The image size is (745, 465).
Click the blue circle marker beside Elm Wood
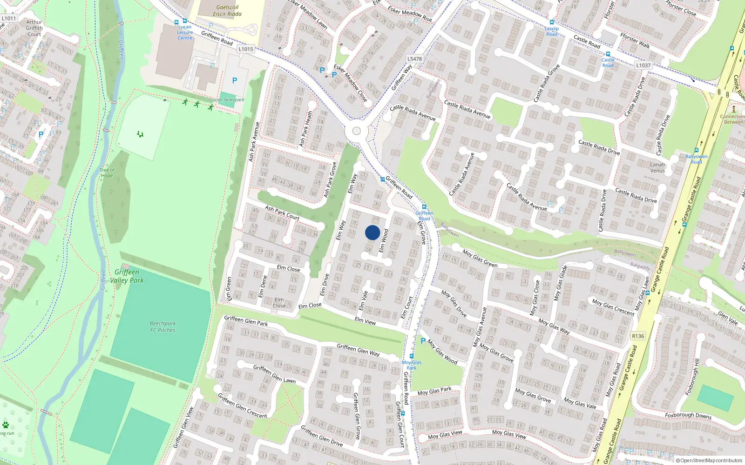pyautogui.click(x=372, y=232)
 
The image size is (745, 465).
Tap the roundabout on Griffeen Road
pyautogui.click(x=357, y=131)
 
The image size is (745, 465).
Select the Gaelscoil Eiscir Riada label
pyautogui.click(x=227, y=11)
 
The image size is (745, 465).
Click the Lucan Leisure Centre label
pyautogui.click(x=185, y=32)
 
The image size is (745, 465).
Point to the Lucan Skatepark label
pyautogui.click(x=227, y=100)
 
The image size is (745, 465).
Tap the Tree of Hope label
pyautogui.click(x=107, y=173)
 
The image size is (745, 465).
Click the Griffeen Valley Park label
pyautogui.click(x=127, y=276)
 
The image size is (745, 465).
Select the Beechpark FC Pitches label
pyautogui.click(x=163, y=327)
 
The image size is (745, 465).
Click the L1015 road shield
pyautogui.click(x=245, y=49)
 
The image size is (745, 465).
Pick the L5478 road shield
pyautogui.click(x=414, y=59)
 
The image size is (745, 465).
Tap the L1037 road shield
pyautogui.click(x=643, y=65)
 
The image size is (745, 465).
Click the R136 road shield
pyautogui.click(x=638, y=336)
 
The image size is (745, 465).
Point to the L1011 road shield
pyautogui.click(x=9, y=19)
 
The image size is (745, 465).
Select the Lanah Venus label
pyautogui.click(x=657, y=167)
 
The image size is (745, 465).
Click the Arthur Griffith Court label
pyautogui.click(x=34, y=28)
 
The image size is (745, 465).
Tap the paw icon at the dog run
pyautogui.click(x=6, y=425)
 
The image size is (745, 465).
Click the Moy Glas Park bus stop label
pyautogui.click(x=412, y=365)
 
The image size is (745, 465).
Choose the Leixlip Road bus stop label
pyautogui.click(x=552, y=31)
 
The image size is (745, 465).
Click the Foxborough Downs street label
pyautogui.click(x=688, y=415)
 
